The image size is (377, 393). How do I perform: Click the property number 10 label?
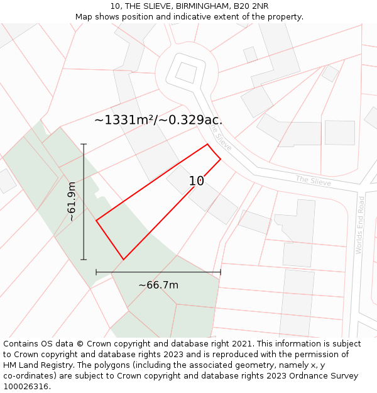tap(197, 181)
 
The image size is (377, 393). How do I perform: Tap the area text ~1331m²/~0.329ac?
tap(158, 119)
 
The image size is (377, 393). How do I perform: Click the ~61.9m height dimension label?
tap(72, 201)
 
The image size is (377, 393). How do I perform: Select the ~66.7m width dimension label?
tap(158, 285)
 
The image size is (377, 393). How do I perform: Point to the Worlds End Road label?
tap(360, 225)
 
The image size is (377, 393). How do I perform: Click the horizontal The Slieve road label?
tap(313, 180)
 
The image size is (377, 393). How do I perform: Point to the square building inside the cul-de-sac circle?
tap(185, 72)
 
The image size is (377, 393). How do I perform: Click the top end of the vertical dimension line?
tap(84, 144)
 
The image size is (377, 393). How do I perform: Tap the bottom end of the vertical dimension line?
tap(84, 259)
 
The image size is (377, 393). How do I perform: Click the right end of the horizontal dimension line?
tap(221, 272)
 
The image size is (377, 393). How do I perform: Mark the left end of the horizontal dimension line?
tap(96, 272)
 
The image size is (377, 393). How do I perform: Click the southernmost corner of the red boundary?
tap(123, 259)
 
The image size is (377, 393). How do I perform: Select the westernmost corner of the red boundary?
tap(96, 220)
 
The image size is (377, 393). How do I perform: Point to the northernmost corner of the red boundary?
tap(207, 145)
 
